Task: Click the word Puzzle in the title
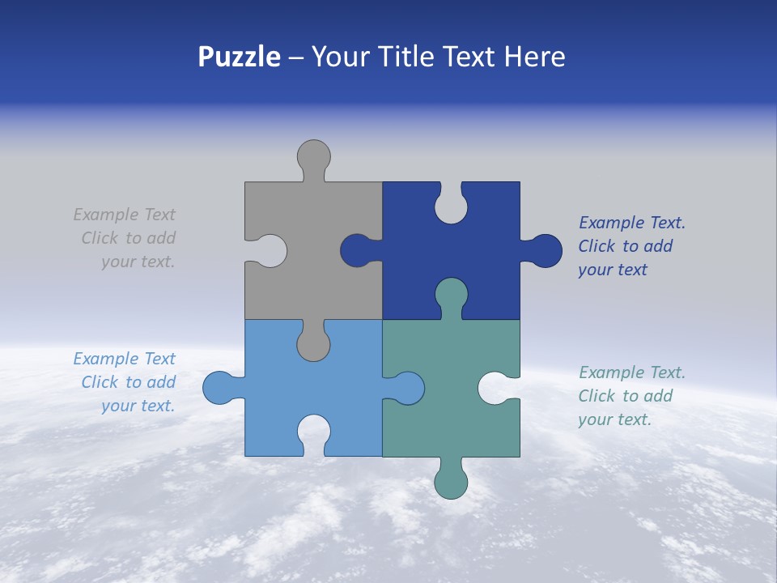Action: pos(240,57)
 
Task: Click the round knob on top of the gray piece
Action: pos(313,155)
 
